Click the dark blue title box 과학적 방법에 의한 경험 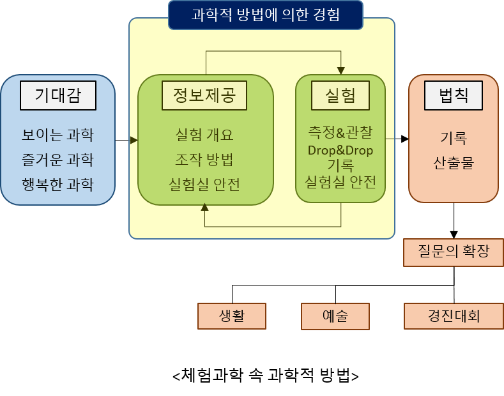coord(266,15)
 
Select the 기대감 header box coord(58,95)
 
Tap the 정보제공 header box coord(204,95)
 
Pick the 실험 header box coord(340,95)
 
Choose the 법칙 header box coord(454,95)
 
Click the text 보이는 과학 coord(58,135)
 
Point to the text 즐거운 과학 coord(58,160)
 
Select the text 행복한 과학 coord(58,185)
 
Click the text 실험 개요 coord(204,135)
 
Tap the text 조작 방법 coord(204,160)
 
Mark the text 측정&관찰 coord(340,132)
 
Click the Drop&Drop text coord(340,151)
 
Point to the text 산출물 coord(454,163)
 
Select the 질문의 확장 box coord(454,253)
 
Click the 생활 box coord(232,316)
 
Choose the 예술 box coord(335,316)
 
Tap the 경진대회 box coord(454,316)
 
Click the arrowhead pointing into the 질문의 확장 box coord(454,234)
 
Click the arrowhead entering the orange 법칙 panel coord(405,139)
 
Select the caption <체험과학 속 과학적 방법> coord(266,375)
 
